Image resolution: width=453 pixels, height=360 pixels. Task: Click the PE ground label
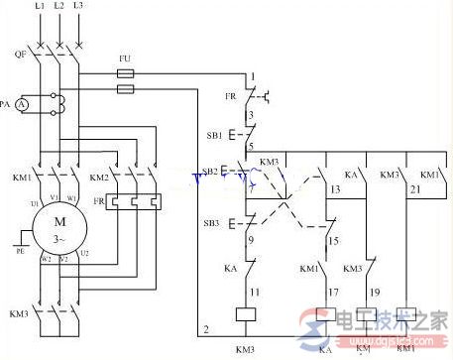tap(20, 251)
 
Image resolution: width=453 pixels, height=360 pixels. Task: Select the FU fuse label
tap(124, 60)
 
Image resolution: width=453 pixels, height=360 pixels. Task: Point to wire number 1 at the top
tap(253, 75)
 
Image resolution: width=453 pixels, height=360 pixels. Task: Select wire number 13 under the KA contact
tap(336, 188)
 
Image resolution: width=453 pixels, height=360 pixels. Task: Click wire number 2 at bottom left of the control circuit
tap(206, 328)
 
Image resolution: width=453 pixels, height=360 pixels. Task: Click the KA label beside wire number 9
tap(228, 268)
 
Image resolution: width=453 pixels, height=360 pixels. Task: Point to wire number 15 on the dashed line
tap(336, 241)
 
